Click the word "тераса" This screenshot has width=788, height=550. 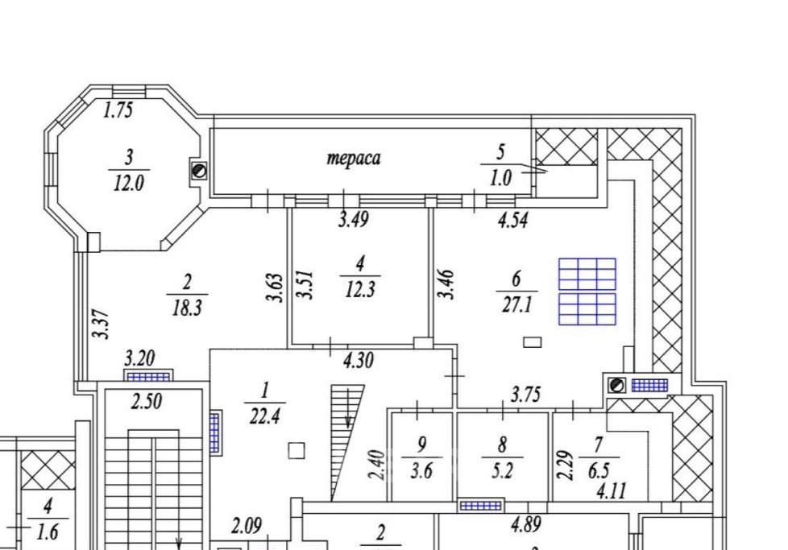[x=354, y=158]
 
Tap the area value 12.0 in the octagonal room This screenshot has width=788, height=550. [x=129, y=184]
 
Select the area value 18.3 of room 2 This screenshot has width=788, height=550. [x=187, y=308]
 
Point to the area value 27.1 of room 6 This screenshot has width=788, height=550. [x=516, y=304]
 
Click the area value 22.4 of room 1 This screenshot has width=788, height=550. [x=265, y=416]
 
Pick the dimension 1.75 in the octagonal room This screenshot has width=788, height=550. [x=118, y=110]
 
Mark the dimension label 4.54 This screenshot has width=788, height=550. [x=513, y=220]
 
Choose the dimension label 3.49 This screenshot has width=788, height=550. [x=354, y=220]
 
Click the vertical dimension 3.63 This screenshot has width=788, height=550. [x=276, y=287]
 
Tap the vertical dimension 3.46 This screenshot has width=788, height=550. [x=446, y=284]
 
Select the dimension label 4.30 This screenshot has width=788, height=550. [x=359, y=360]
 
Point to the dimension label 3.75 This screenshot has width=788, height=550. [x=525, y=395]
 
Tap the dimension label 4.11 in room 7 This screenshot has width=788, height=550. [x=611, y=490]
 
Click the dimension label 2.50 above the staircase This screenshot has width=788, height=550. [x=147, y=402]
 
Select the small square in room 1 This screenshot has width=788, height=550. [x=297, y=450]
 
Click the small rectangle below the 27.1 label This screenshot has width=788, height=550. [x=533, y=342]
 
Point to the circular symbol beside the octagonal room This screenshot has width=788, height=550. [x=200, y=171]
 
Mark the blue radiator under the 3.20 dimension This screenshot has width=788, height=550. [x=147, y=377]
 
